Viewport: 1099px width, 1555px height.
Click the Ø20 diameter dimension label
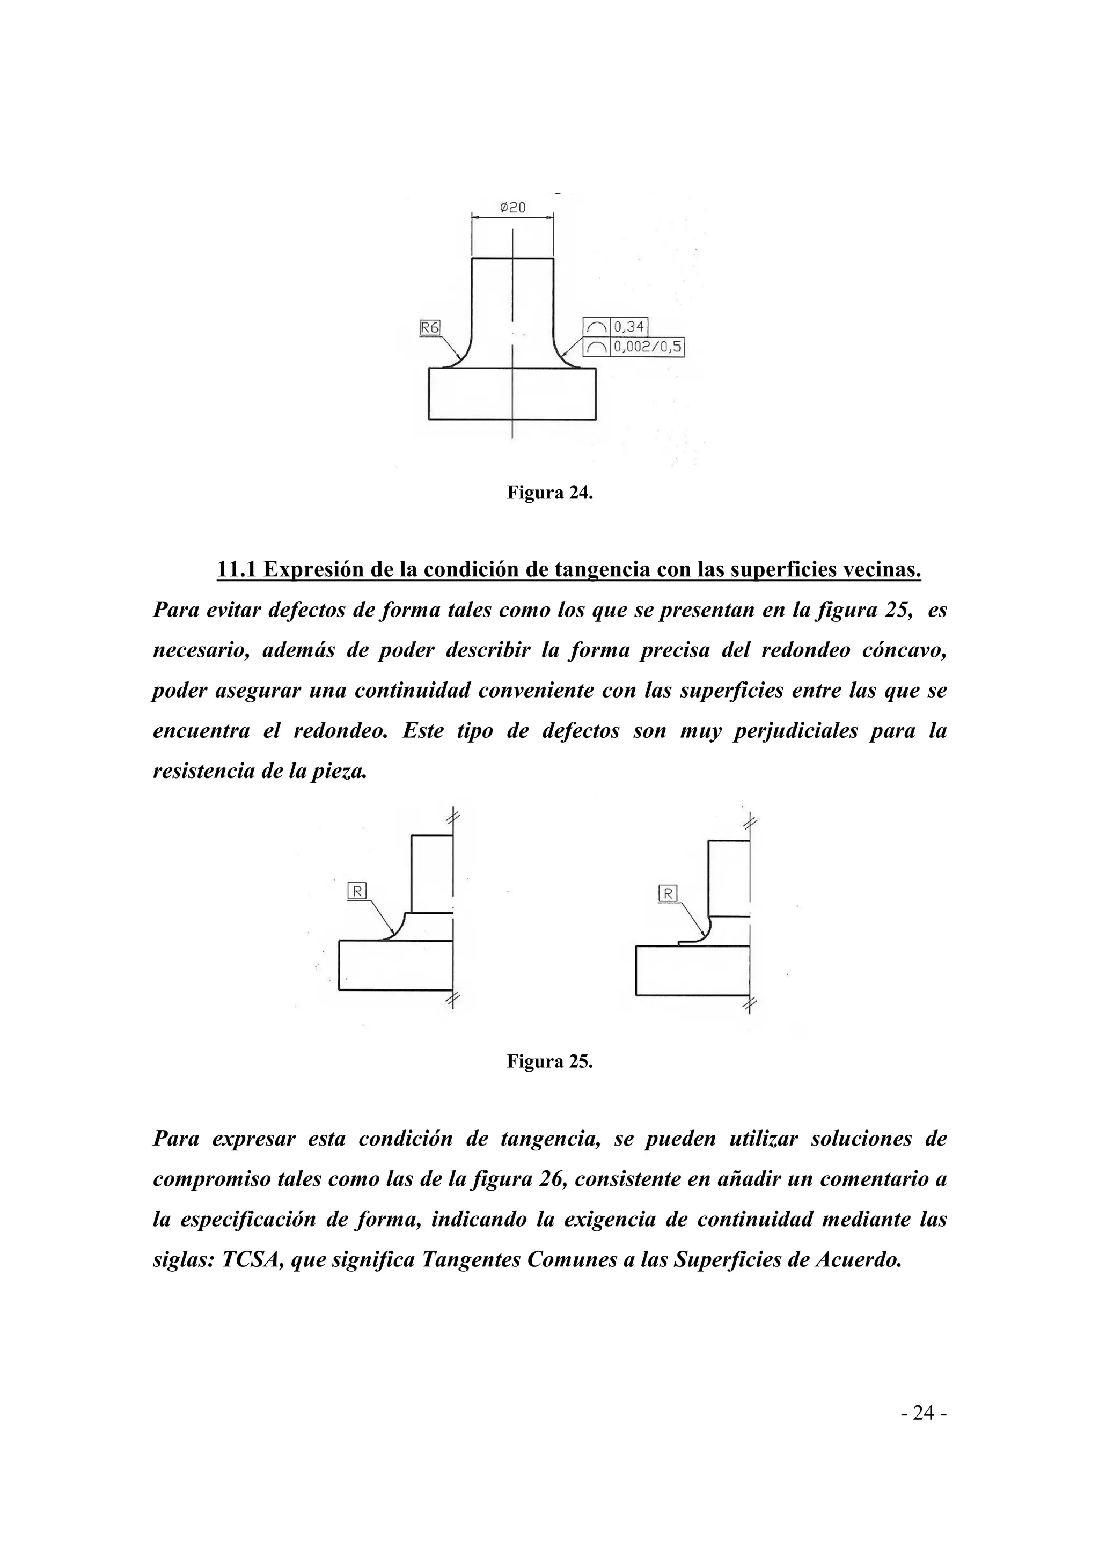[x=512, y=208]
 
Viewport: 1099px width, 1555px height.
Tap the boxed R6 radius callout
[x=430, y=328]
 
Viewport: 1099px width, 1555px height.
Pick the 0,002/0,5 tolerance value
[x=647, y=348]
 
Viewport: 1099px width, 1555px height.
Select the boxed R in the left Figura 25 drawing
[x=357, y=891]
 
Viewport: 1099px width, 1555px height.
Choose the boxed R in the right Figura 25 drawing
[x=668, y=894]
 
